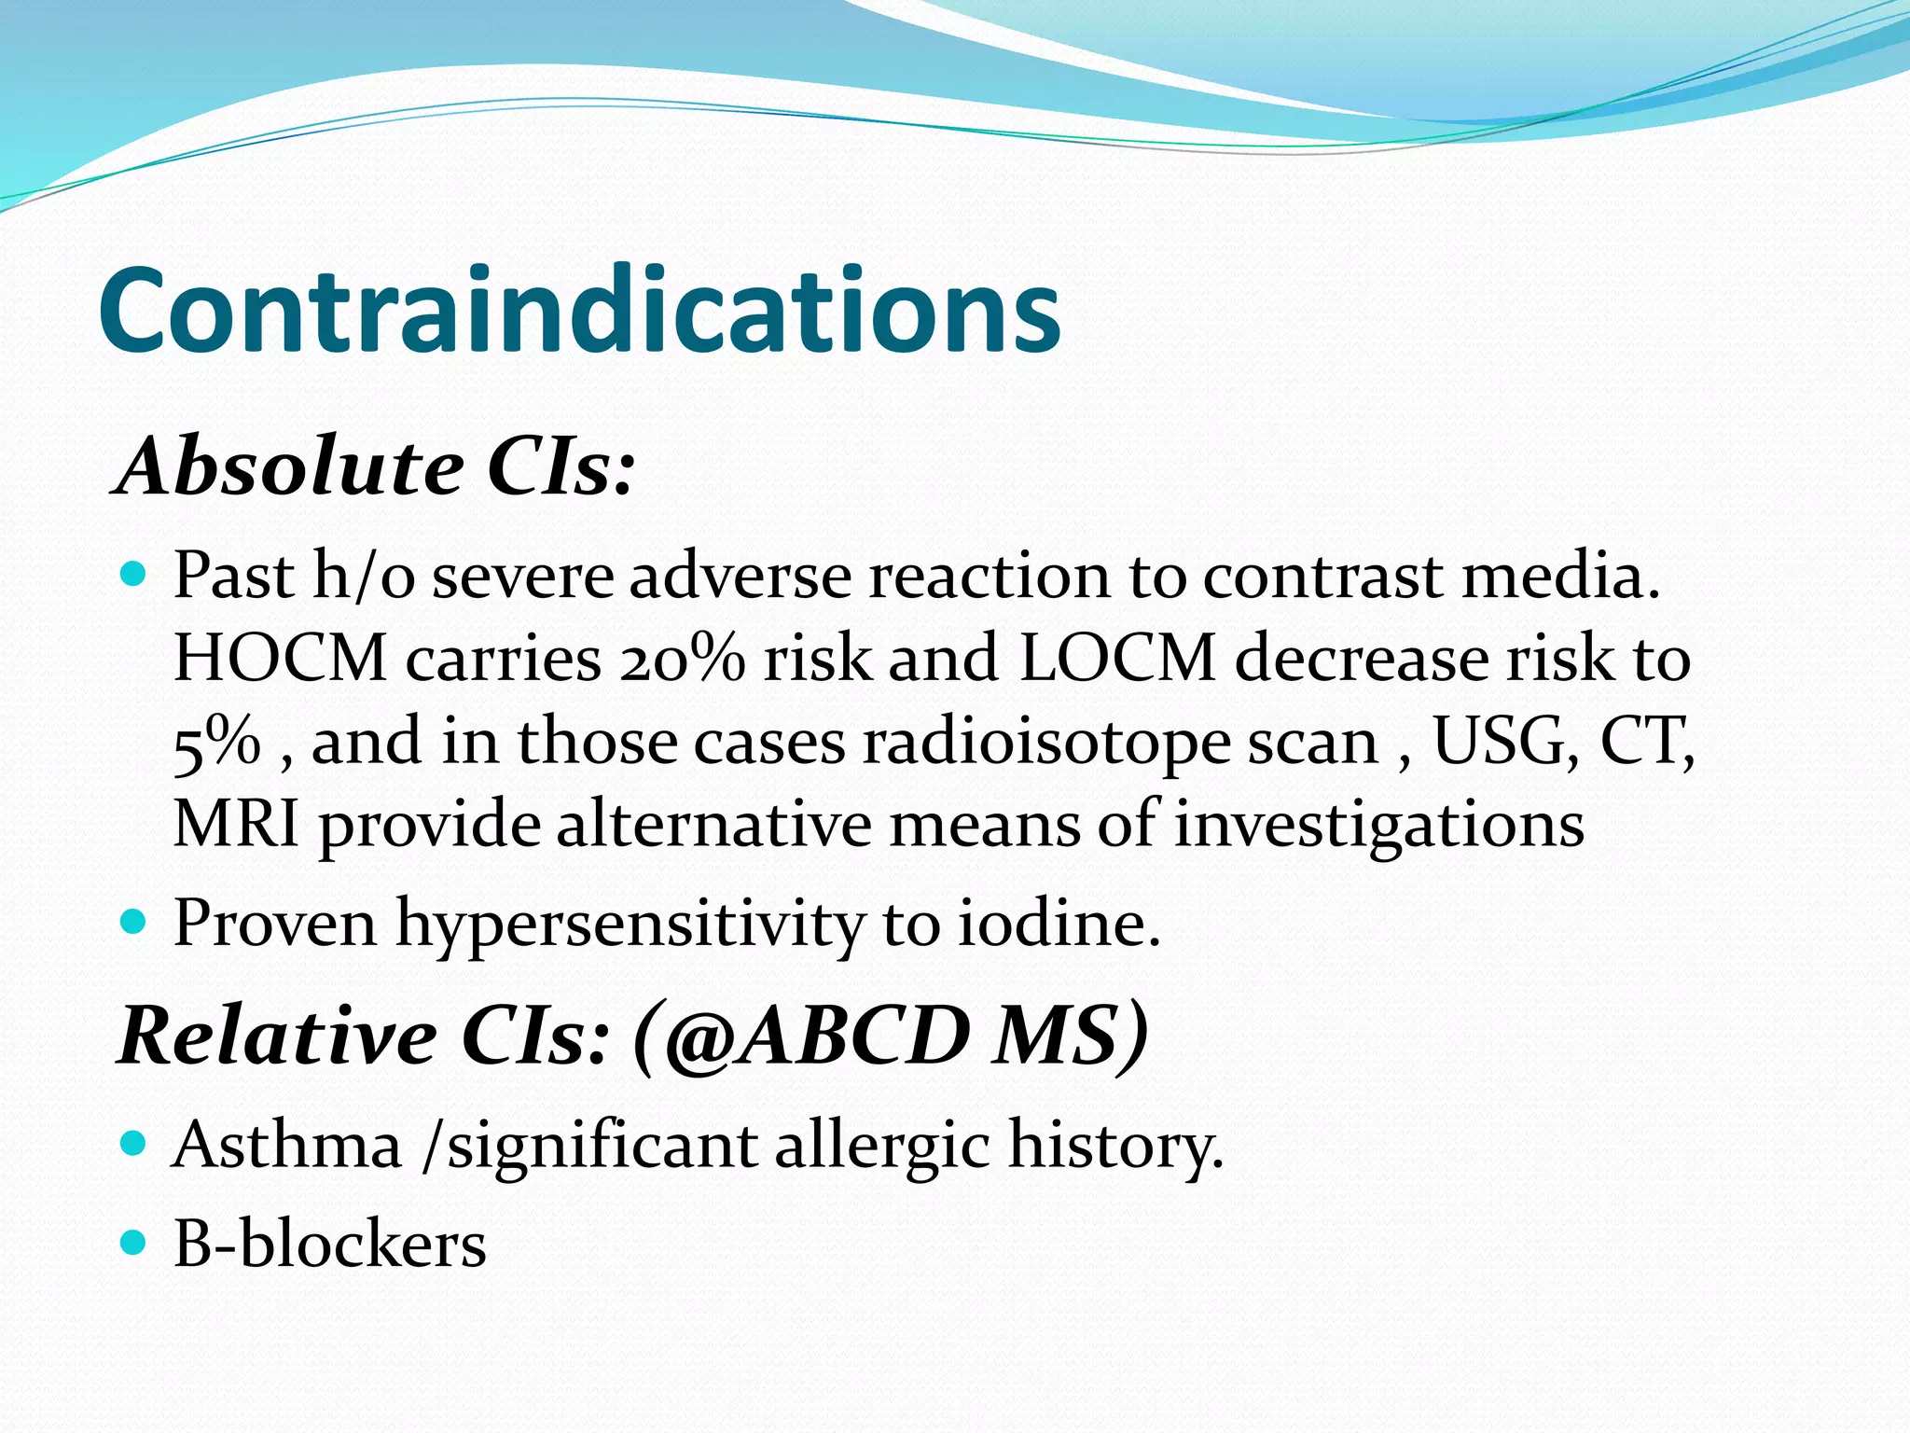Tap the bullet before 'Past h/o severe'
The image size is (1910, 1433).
pos(134,573)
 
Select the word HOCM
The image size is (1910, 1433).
pos(280,659)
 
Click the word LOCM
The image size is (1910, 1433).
pos(1117,659)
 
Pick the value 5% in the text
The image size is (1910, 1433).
pos(216,743)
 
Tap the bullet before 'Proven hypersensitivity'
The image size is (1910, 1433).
pos(134,923)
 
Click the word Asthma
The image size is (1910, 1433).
pos(286,1146)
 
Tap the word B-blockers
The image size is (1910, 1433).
pos(329,1245)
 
